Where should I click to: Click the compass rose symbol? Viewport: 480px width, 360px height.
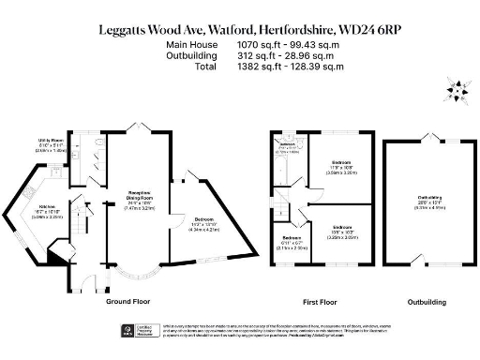pos(457,92)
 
